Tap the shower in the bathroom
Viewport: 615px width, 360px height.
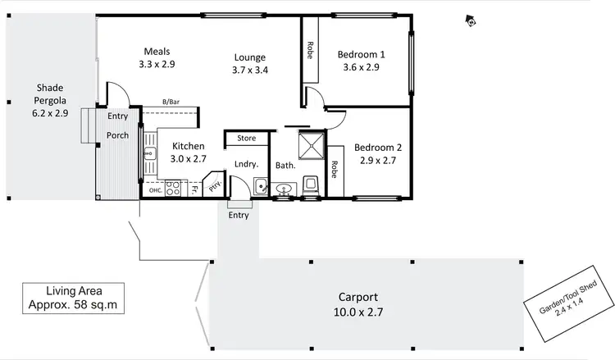click(311, 144)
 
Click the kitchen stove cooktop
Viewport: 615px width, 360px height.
click(173, 189)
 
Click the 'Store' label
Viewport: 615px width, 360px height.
click(246, 138)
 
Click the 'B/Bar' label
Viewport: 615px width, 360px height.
click(171, 102)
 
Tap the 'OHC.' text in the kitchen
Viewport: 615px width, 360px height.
click(155, 190)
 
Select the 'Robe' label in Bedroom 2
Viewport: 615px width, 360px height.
click(335, 169)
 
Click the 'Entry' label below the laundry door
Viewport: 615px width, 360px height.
click(239, 215)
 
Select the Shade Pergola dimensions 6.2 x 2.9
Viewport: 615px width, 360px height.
click(50, 113)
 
